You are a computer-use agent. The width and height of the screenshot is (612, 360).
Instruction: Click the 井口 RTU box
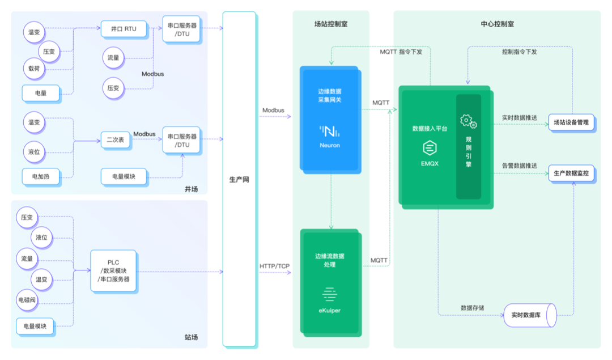pyautogui.click(x=124, y=29)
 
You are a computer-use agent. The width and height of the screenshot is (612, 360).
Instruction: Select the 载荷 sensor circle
pyautogui.click(x=34, y=69)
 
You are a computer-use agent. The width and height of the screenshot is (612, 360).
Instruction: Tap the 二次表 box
pyautogui.click(x=116, y=139)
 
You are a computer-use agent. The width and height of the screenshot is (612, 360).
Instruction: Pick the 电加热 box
pyautogui.click(x=41, y=176)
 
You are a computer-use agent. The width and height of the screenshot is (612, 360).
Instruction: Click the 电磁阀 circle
pyautogui.click(x=27, y=300)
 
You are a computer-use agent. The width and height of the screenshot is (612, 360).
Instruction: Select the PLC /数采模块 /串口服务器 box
pyautogui.click(x=113, y=270)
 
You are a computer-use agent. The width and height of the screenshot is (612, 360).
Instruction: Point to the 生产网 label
pyautogui.click(x=239, y=180)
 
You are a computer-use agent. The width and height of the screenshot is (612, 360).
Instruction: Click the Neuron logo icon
pyautogui.click(x=329, y=131)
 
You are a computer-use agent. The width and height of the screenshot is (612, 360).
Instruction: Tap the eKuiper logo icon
pyautogui.click(x=329, y=294)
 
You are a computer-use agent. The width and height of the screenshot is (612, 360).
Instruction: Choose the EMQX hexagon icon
pyautogui.click(x=430, y=148)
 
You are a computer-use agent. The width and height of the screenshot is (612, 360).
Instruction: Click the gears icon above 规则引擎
pyautogui.click(x=468, y=121)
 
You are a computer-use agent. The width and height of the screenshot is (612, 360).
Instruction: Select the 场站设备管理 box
pyautogui.click(x=571, y=122)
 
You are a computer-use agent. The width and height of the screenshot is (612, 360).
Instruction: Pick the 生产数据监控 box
pyautogui.click(x=571, y=173)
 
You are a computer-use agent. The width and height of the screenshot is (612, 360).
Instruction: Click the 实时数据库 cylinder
pyautogui.click(x=530, y=315)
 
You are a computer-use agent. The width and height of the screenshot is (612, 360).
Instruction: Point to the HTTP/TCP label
pyautogui.click(x=274, y=266)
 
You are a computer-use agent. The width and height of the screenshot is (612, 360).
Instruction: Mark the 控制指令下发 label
pyautogui.click(x=519, y=52)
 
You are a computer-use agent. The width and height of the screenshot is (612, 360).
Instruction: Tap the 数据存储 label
pyautogui.click(x=472, y=308)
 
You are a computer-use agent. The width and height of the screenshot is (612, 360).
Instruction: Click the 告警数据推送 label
pyautogui.click(x=519, y=166)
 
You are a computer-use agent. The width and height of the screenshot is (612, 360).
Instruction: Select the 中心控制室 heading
pyautogui.click(x=498, y=24)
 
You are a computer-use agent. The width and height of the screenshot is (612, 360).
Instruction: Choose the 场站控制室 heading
pyautogui.click(x=331, y=24)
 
